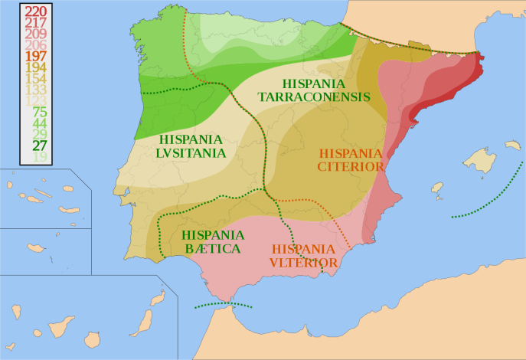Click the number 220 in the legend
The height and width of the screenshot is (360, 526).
(36, 11)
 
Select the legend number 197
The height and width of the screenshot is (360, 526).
(36, 56)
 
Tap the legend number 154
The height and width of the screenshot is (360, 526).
(36, 78)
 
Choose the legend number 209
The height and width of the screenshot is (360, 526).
(36, 34)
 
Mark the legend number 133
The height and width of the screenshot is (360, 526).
(36, 90)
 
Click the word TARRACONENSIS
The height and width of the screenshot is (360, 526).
(314, 97)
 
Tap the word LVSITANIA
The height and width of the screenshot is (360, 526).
(192, 152)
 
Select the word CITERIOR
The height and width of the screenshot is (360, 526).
(351, 166)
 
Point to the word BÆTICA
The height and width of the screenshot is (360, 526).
(213, 248)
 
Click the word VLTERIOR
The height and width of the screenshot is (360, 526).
(303, 263)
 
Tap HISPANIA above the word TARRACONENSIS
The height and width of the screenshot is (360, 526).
(314, 83)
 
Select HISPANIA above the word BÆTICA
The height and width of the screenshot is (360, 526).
(213, 234)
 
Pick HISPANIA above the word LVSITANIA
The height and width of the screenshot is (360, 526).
(192, 139)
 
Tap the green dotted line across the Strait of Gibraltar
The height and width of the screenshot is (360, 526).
(224, 304)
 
